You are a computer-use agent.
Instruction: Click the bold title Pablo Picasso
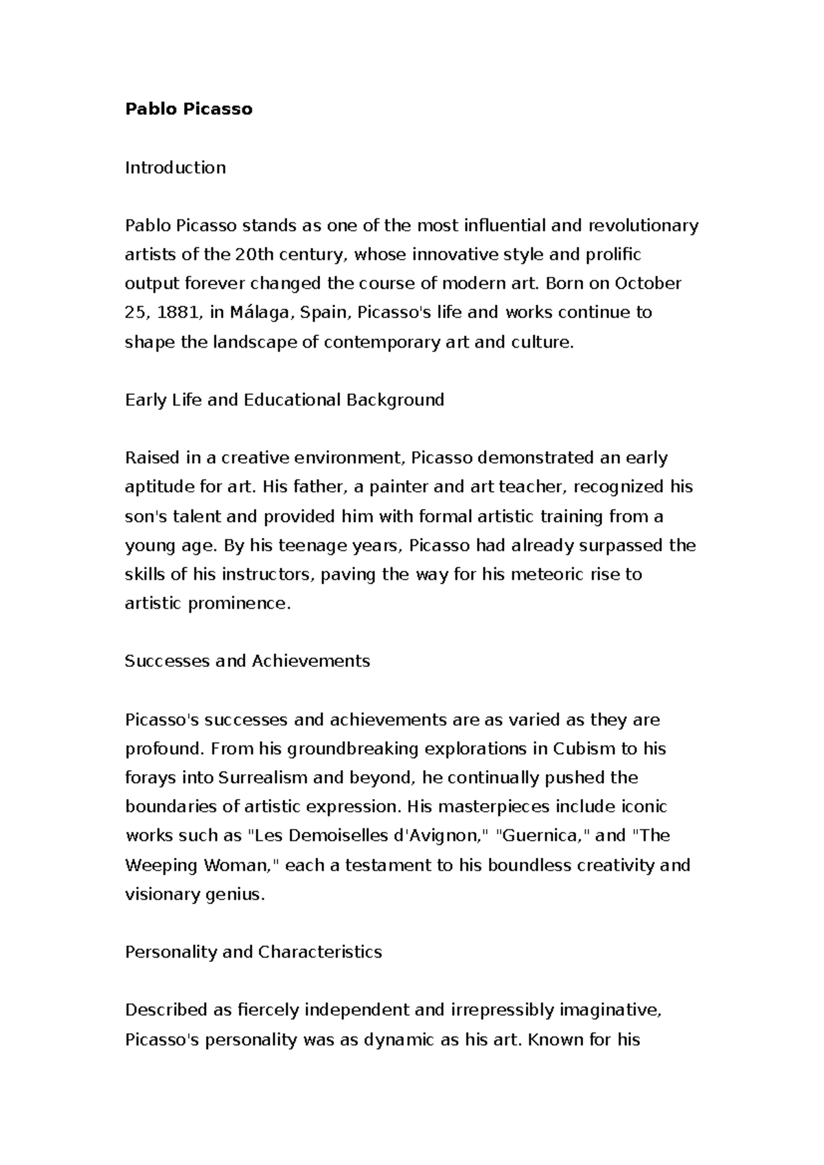click(x=188, y=109)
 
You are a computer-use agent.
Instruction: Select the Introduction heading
click(x=175, y=168)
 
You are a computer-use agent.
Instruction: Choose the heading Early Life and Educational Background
click(x=284, y=400)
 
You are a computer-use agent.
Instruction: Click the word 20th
click(x=253, y=255)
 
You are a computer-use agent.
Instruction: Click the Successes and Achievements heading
click(x=247, y=661)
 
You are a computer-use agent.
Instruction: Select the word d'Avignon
click(x=439, y=835)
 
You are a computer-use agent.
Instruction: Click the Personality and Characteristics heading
click(x=253, y=952)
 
